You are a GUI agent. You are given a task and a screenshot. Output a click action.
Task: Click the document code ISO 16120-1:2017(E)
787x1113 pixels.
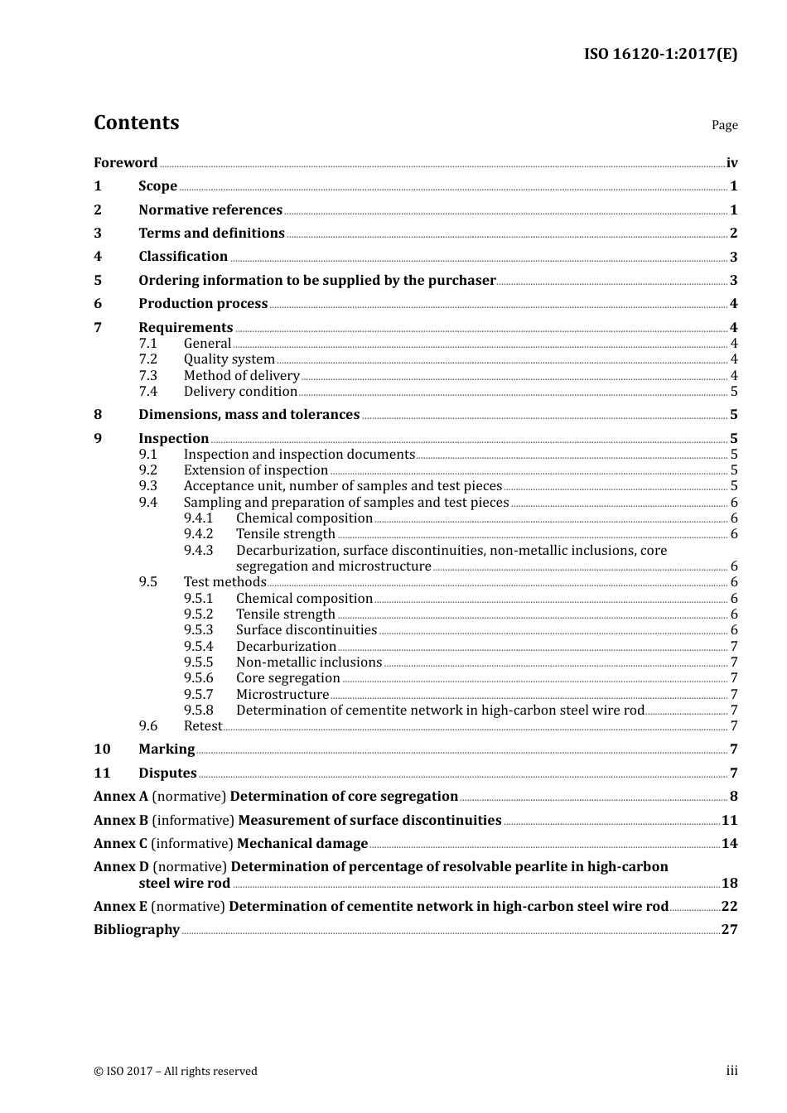point(660,55)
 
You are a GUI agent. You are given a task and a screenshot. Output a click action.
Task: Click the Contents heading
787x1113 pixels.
point(136,123)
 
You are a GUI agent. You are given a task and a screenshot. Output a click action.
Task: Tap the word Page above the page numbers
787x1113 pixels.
point(724,125)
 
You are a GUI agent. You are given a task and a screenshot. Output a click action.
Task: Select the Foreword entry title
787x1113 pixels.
point(125,163)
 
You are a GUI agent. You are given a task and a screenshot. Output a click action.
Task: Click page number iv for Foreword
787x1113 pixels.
point(731,163)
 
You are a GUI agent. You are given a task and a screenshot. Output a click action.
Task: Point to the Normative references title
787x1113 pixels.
point(210,210)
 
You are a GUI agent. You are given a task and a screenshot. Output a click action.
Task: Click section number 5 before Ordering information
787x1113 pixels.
point(98,281)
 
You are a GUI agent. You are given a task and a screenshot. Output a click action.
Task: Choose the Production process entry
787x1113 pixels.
point(203,304)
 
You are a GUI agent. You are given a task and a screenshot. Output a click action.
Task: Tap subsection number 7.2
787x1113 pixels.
point(147,359)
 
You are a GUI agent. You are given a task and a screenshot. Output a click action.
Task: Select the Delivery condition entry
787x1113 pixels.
point(240,392)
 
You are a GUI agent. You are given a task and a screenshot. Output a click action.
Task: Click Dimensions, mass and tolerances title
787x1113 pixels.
point(249,415)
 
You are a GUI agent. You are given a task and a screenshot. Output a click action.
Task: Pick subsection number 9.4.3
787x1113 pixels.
point(198,551)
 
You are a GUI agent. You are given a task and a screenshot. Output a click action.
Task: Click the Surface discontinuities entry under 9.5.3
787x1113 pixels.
point(306,630)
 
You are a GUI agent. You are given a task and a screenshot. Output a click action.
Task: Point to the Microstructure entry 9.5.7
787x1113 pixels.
point(282,695)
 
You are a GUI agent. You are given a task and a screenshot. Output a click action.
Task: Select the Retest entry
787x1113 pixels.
point(202,726)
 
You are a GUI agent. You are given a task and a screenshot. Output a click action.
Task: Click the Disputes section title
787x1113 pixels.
point(167,773)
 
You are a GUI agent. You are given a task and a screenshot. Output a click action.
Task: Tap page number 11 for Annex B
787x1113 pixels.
point(729,821)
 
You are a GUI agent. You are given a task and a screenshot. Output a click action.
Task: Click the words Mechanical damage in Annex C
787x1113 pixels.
point(302,844)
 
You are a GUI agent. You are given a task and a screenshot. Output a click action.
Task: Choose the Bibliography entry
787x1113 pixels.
point(137,930)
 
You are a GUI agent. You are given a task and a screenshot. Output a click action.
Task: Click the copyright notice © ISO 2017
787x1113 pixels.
point(175,1072)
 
